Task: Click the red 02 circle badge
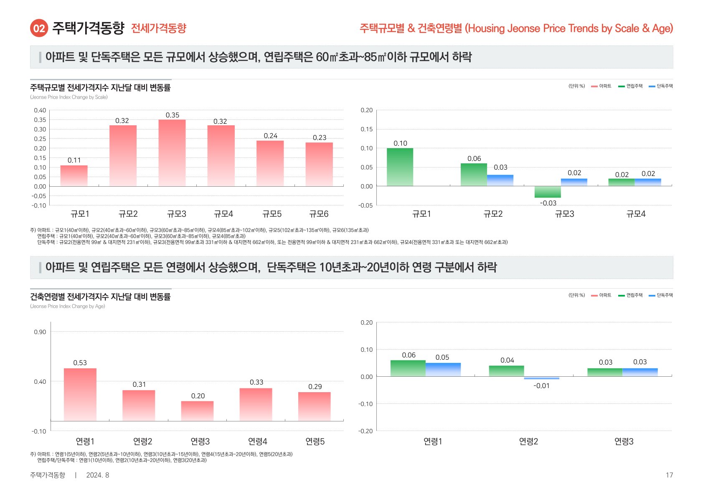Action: (39, 28)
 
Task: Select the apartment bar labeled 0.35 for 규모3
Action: (172, 153)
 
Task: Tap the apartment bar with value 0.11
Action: (74, 176)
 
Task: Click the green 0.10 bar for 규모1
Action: (400, 167)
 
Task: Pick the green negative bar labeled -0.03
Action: (548, 192)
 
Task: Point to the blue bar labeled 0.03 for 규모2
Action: (500, 180)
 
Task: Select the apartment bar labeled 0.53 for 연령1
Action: (80, 394)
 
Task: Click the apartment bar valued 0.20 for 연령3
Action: (197, 411)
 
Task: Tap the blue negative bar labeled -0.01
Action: (541, 378)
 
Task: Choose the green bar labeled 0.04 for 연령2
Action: (506, 371)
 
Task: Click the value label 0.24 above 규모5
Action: (270, 136)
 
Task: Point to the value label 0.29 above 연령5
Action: (315, 387)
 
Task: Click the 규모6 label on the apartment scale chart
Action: (319, 214)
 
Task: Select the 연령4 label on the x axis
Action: (257, 441)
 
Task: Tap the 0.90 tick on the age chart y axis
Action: (40, 332)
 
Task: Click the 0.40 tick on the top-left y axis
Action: (40, 110)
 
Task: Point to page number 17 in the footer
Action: (669, 475)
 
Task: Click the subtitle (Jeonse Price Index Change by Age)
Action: (68, 306)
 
